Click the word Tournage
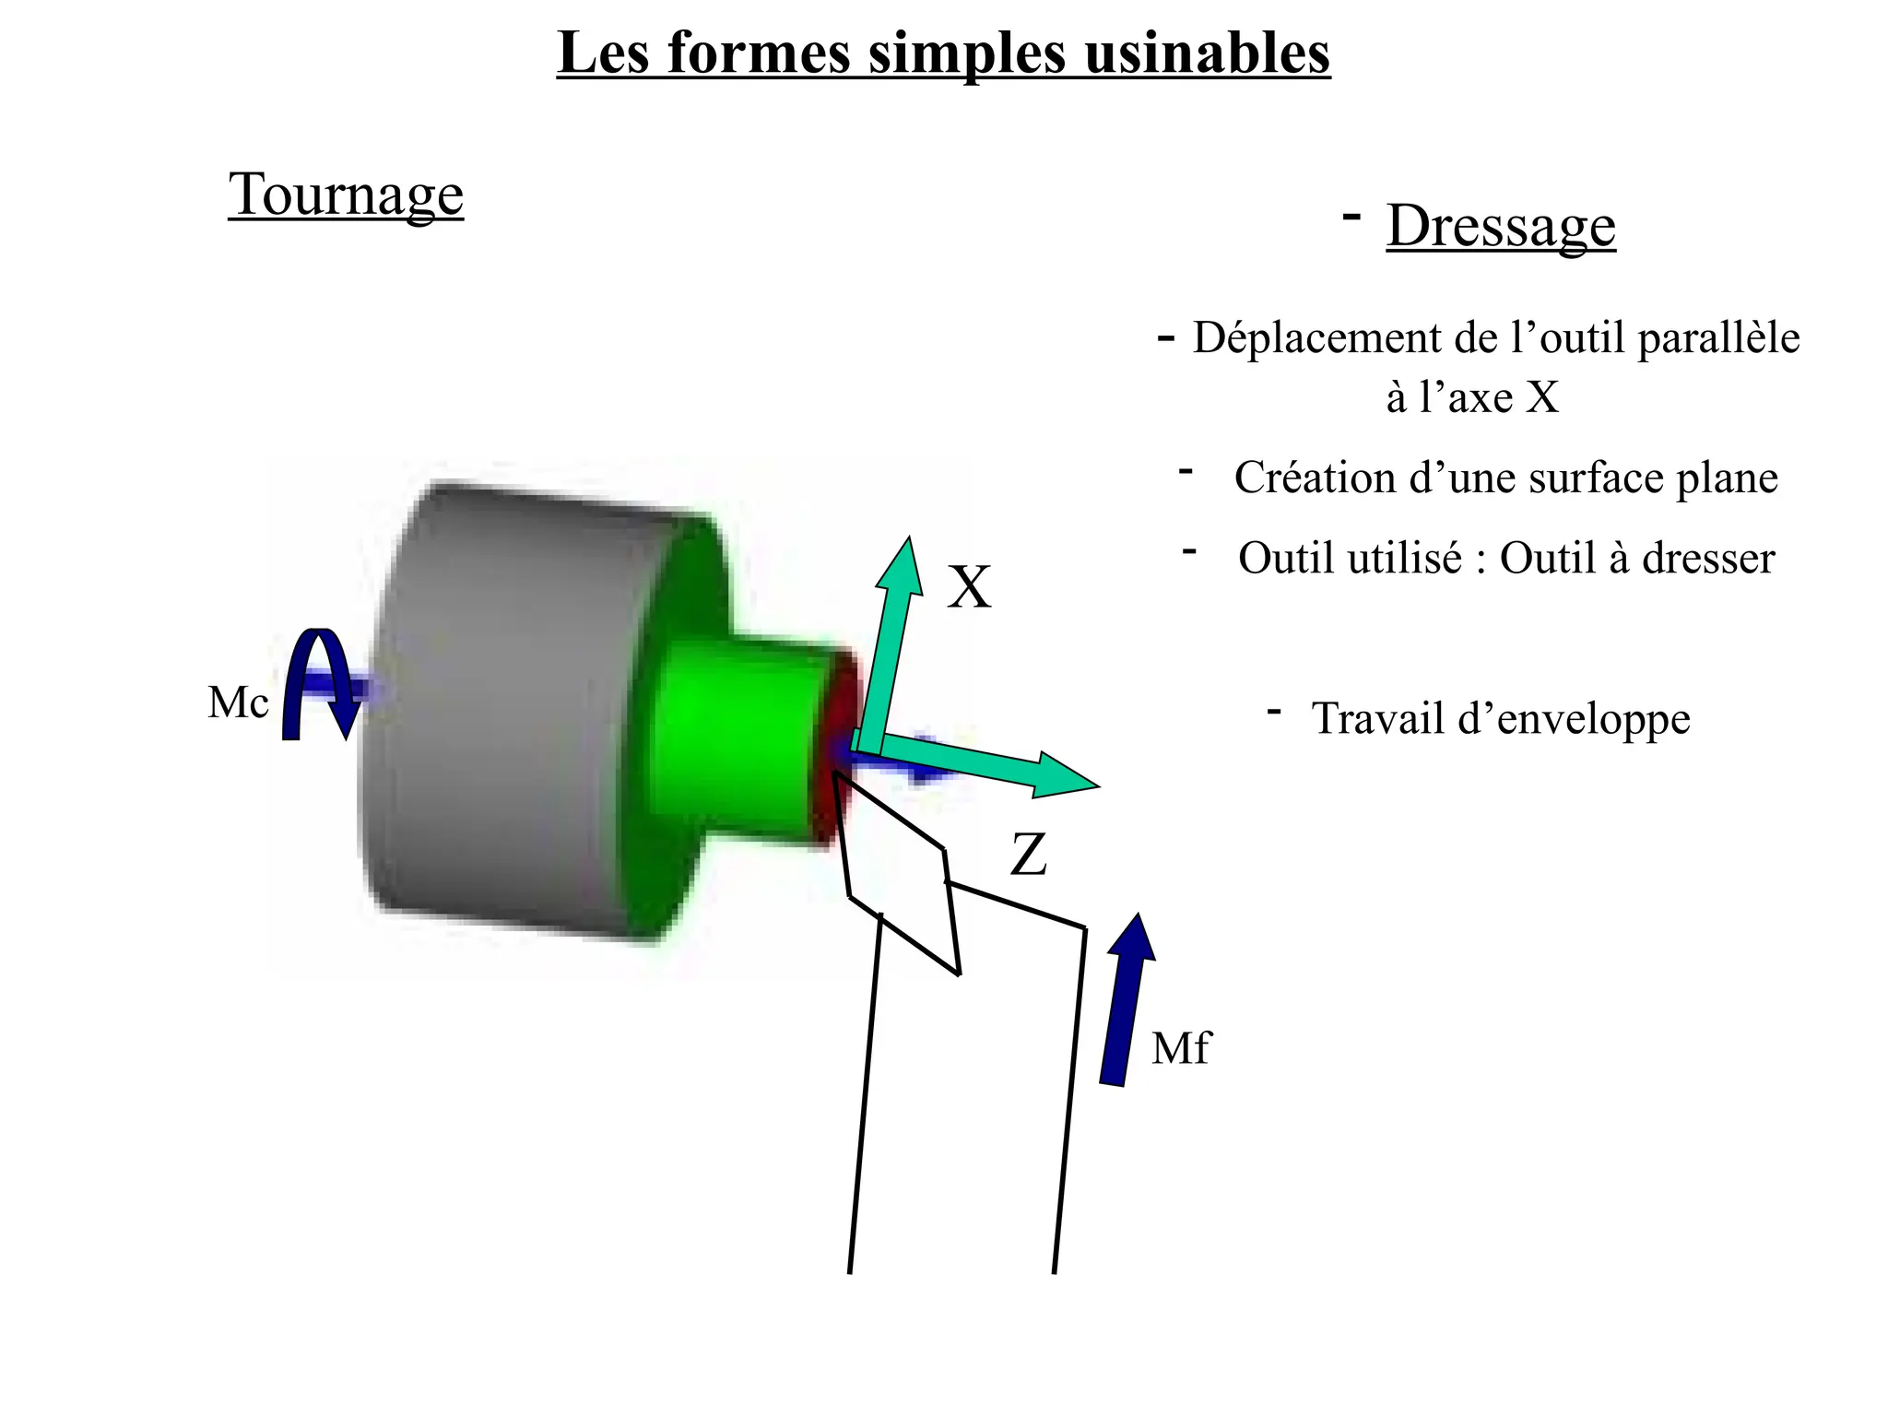click(x=346, y=195)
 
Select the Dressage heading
click(x=1500, y=226)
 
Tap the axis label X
click(x=969, y=587)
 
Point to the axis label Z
click(x=1029, y=855)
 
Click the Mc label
click(x=238, y=702)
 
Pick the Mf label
click(x=1180, y=1048)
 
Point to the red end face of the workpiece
click(x=834, y=747)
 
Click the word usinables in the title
click(x=1207, y=53)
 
